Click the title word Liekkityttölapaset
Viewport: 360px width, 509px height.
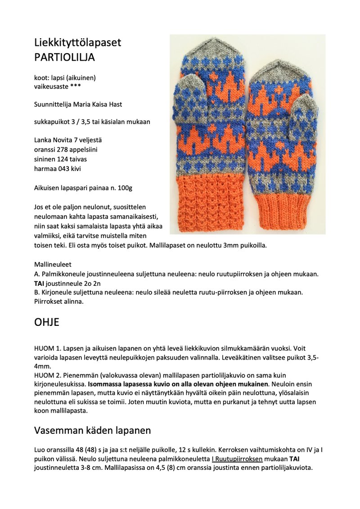pos(77,43)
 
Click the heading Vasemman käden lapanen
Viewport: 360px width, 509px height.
pos(92,430)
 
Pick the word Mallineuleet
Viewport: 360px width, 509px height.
pos(53,264)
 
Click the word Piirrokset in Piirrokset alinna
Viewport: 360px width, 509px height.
pos(49,302)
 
